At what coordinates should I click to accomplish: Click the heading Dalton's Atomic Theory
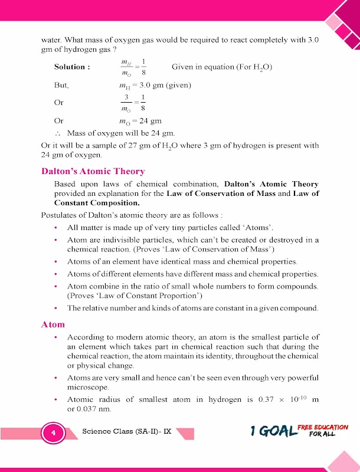pyautogui.click(x=93, y=171)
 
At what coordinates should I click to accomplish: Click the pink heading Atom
pyautogui.click(x=53, y=324)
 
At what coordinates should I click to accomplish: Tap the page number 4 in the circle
pyautogui.click(x=53, y=434)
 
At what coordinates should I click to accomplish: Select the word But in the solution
pyautogui.click(x=61, y=86)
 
